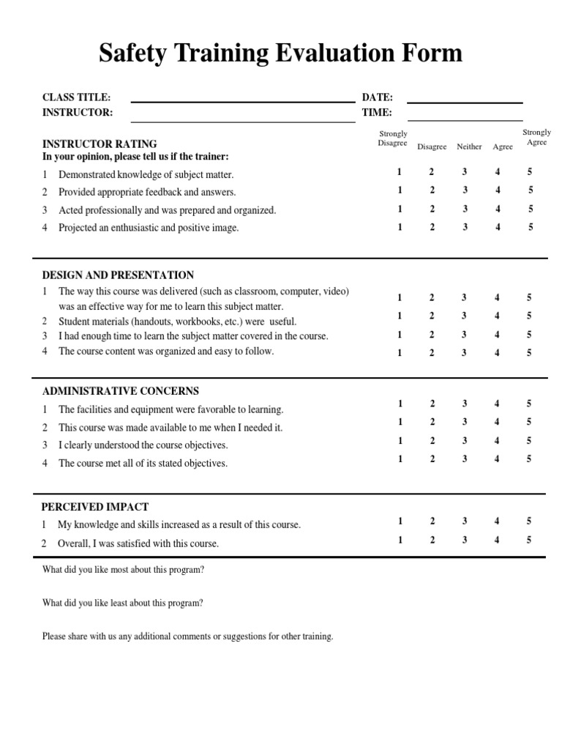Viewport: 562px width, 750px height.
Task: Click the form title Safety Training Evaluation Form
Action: [x=281, y=53]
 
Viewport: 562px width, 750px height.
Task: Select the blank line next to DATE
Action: [x=465, y=101]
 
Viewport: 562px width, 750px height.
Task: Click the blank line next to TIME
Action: [x=465, y=119]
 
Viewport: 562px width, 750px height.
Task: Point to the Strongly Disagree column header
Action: [x=393, y=138]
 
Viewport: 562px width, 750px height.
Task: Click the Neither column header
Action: [x=469, y=146]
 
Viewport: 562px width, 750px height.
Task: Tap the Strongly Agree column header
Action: [x=536, y=138]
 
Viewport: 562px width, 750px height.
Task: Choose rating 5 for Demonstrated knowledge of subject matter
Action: [x=530, y=171]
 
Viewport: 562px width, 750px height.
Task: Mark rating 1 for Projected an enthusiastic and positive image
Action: [x=400, y=227]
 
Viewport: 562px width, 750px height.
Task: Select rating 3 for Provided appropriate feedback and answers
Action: [x=464, y=190]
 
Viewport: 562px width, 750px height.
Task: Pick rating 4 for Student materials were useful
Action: [x=498, y=316]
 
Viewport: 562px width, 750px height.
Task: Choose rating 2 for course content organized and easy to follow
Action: [x=432, y=353]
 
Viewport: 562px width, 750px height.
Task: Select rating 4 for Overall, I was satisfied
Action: [x=498, y=540]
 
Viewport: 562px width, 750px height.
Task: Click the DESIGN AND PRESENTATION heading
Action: [x=118, y=275]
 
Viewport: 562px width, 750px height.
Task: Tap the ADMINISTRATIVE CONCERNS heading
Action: [x=120, y=391]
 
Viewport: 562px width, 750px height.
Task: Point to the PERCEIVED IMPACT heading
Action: [x=95, y=507]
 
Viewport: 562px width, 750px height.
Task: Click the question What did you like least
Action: [x=123, y=604]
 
